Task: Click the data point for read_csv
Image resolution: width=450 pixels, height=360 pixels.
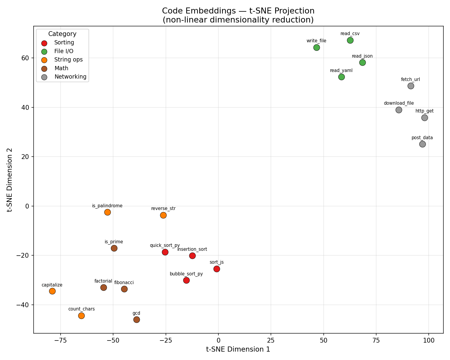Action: point(350,40)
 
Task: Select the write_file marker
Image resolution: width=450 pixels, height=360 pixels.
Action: point(316,48)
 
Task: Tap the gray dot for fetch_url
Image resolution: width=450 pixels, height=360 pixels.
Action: point(411,86)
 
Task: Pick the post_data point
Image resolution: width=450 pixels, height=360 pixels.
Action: point(422,144)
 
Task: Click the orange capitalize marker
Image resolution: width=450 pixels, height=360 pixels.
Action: point(52,291)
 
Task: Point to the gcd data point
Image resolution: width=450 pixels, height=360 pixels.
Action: point(136,320)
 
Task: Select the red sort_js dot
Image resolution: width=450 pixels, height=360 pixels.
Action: point(217,269)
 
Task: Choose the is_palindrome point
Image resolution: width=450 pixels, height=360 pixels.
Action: point(107,212)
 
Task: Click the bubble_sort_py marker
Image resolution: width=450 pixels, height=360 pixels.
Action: point(186,280)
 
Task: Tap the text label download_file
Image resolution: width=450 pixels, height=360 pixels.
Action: point(399,103)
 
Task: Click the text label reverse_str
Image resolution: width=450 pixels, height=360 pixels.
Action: point(163,208)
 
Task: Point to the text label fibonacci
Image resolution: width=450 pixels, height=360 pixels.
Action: point(124,283)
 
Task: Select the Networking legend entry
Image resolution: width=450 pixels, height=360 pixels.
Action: point(70,77)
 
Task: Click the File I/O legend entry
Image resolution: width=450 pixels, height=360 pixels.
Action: point(64,51)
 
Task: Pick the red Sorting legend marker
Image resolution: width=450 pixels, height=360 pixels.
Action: point(44,43)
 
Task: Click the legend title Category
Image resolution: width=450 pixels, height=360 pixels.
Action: point(62,34)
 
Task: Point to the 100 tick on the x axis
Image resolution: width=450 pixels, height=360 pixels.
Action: point(429,341)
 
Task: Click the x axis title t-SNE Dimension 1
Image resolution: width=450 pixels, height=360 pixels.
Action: point(238,349)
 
